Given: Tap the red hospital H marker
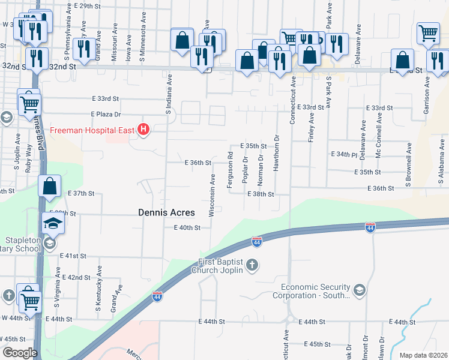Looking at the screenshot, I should tap(143, 129).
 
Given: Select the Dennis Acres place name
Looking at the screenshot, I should tap(166, 212).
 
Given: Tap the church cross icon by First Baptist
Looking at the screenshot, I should tap(253, 265).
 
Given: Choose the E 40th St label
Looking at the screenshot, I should tap(187, 228).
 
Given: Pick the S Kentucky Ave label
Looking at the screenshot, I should tap(98, 295).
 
